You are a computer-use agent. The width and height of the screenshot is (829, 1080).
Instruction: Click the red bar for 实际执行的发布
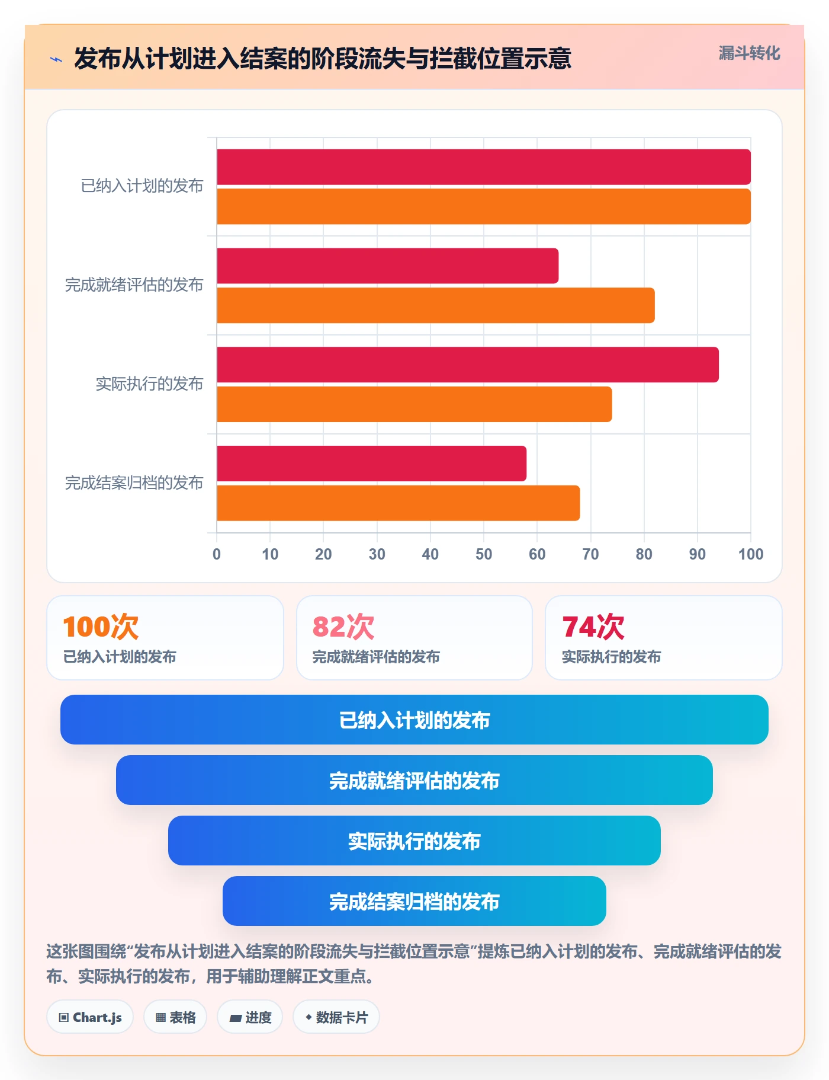[468, 365]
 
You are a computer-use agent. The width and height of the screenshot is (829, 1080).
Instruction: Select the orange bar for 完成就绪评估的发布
[436, 305]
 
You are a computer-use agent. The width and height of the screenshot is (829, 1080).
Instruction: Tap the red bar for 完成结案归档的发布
[371, 464]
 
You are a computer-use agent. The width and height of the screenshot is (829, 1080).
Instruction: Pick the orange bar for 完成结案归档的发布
[398, 503]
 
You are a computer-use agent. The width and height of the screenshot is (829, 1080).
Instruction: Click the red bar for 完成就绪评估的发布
[387, 266]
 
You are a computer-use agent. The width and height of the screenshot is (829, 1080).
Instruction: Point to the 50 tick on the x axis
[484, 554]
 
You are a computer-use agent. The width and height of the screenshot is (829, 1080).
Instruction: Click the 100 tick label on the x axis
[750, 554]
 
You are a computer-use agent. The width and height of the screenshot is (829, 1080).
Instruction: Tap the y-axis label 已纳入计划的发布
[142, 186]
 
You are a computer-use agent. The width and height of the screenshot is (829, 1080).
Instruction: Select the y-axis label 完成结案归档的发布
[134, 483]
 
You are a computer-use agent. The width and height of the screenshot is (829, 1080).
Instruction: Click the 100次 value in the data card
[101, 627]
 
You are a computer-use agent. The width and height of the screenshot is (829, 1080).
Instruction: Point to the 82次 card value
[343, 627]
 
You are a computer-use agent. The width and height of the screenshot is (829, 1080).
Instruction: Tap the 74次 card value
[593, 627]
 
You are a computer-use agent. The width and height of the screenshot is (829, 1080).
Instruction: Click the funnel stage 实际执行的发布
[415, 841]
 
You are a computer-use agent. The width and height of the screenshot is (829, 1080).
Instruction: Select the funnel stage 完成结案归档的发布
[415, 901]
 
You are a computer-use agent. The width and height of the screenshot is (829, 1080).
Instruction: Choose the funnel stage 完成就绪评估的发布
[415, 780]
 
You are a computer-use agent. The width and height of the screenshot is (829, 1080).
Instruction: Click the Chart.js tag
[90, 1017]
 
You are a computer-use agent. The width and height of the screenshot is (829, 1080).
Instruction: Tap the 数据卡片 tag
[336, 1017]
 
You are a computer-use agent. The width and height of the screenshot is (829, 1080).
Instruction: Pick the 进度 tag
[250, 1017]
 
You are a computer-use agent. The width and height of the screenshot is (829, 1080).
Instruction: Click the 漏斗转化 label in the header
[749, 53]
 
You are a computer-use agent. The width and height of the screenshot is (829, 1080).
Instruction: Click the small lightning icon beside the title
[56, 59]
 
